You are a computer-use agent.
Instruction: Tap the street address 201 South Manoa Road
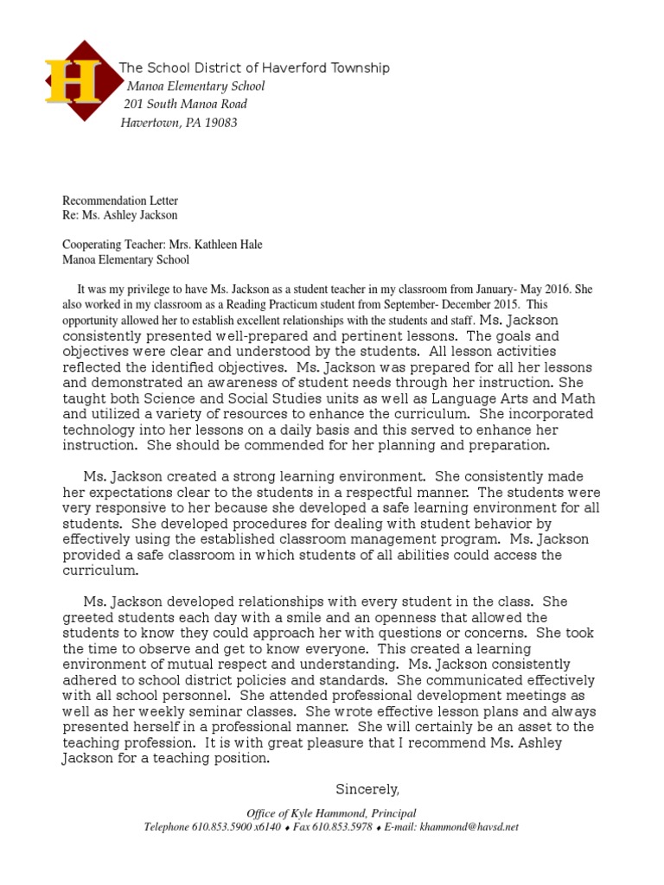(x=186, y=105)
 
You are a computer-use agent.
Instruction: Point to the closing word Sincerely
(x=367, y=789)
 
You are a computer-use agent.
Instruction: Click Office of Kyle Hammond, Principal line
(x=331, y=813)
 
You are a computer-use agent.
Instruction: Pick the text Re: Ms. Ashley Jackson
(x=120, y=214)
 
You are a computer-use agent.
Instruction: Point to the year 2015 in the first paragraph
(x=502, y=305)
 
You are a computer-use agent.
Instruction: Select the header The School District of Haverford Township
(x=254, y=68)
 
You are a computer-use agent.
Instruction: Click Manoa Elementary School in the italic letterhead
(x=196, y=86)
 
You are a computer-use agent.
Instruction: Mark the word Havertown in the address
(x=149, y=123)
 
